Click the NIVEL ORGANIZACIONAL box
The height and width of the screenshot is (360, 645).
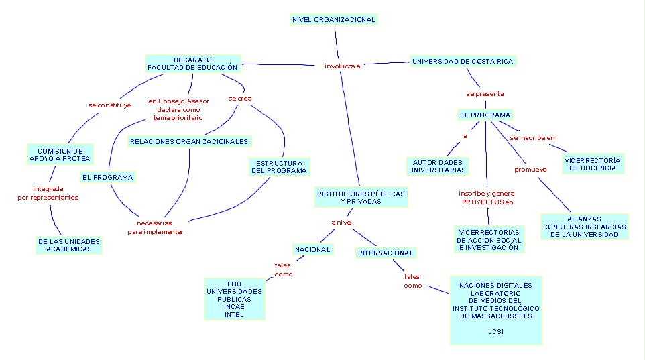click(x=334, y=20)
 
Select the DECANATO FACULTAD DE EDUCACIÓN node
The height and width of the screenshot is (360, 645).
click(x=192, y=64)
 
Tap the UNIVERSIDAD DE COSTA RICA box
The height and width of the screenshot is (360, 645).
click(x=462, y=61)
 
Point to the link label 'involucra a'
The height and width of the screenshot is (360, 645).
click(x=342, y=66)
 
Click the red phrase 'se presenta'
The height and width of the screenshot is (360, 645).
click(x=485, y=94)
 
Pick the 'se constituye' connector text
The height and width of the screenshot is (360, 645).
click(x=109, y=105)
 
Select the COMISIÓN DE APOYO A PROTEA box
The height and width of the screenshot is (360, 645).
click(x=60, y=155)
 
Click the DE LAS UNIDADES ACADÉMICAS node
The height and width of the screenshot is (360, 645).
click(x=69, y=245)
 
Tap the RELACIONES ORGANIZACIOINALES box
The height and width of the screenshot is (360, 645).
click(x=189, y=141)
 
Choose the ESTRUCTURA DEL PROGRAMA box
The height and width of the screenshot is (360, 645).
click(x=279, y=166)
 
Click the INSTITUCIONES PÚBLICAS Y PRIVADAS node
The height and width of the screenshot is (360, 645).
click(x=361, y=197)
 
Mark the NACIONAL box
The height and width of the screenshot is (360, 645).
click(x=313, y=249)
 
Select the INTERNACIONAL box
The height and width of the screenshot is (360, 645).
click(x=386, y=253)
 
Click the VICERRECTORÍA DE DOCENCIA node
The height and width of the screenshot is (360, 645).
click(x=592, y=164)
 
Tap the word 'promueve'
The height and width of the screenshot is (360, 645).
click(x=530, y=170)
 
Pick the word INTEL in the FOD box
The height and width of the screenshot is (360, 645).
click(x=234, y=315)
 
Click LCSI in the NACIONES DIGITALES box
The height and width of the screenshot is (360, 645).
click(x=495, y=332)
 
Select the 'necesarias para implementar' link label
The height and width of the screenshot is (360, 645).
click(x=155, y=227)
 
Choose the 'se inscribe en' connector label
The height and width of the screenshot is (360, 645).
click(x=532, y=137)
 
